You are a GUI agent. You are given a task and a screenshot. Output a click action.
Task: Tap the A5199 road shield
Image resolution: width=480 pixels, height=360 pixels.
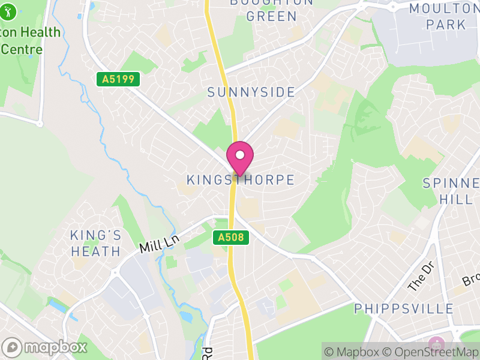tap(118, 79)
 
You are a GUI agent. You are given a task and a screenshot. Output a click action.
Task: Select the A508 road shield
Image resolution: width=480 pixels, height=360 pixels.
tap(231, 238)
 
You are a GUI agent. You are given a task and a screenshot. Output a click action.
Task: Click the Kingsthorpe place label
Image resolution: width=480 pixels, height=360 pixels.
tap(240, 180)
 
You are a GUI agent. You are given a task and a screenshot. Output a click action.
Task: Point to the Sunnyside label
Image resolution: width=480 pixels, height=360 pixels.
tap(251, 92)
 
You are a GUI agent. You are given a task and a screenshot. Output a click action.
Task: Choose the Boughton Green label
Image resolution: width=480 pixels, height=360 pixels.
tap(272, 10)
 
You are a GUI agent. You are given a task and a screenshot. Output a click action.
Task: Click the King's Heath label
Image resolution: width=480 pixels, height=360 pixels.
tap(96, 243)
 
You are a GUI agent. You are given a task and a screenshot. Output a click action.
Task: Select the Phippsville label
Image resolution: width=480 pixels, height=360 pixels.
tap(404, 309)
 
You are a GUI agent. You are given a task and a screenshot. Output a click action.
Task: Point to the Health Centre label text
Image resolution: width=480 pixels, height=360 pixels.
tap(30, 40)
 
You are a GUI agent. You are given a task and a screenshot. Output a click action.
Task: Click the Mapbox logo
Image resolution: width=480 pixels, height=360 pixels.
tap(45, 347)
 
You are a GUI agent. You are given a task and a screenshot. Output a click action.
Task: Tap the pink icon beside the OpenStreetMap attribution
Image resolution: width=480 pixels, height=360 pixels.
tap(436, 344)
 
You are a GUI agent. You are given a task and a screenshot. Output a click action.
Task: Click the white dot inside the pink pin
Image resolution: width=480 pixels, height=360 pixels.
tap(240, 155)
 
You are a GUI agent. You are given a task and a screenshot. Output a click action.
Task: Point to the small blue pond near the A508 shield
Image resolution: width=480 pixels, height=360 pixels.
tap(184, 316)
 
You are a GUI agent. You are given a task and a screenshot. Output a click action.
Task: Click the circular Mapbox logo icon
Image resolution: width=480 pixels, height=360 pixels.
tap(12, 347)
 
